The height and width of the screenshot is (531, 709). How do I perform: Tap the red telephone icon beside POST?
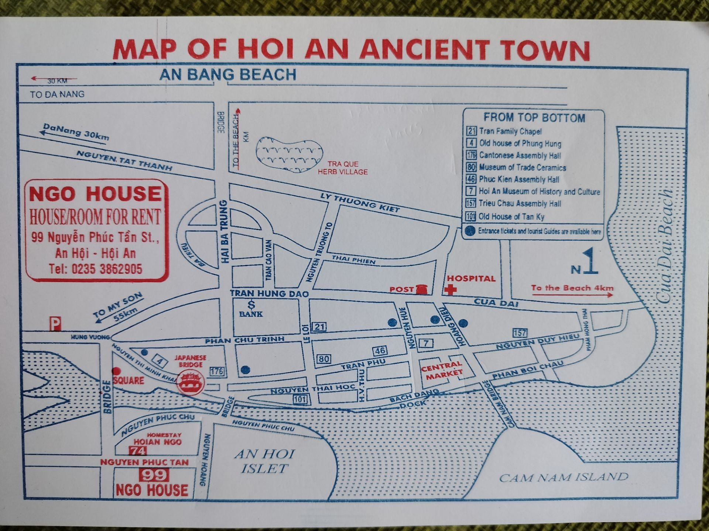421,289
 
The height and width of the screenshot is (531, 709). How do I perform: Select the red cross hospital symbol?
450,289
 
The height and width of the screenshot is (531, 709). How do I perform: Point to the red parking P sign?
55,324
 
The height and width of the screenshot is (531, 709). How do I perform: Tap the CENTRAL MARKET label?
442,370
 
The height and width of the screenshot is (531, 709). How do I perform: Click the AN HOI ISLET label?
264,461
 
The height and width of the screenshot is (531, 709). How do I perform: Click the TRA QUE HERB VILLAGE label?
343,168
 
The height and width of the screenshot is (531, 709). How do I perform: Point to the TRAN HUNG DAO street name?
269,294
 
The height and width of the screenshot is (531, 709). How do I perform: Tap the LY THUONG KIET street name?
361,203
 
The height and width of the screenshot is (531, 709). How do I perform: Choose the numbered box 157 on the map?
520,333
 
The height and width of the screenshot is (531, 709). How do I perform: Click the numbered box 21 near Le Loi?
319,326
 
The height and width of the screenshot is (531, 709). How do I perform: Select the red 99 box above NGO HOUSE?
154,475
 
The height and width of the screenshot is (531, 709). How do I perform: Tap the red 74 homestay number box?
138,451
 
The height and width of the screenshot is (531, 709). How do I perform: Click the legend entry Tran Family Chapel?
510,131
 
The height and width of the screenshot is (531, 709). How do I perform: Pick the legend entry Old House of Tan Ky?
511,216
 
